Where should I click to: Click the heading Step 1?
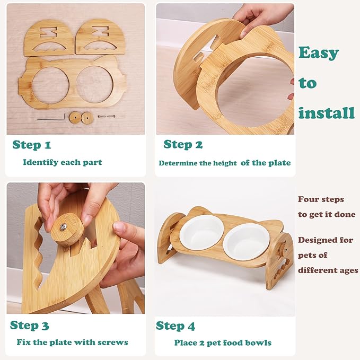pos(32,145)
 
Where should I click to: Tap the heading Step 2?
pos(183,144)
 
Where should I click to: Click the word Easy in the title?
pos(318,53)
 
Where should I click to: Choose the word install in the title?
pos(326,113)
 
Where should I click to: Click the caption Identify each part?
pos(63,162)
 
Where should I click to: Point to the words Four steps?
pos(321,199)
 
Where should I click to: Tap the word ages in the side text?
pos(345,270)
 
